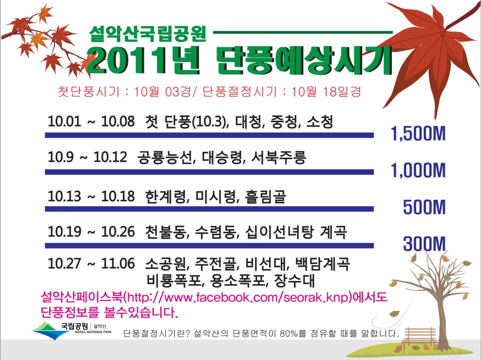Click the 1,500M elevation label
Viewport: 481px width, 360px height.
(x=418, y=134)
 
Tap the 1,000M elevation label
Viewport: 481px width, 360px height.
(x=418, y=170)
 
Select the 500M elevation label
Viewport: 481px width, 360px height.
(x=424, y=207)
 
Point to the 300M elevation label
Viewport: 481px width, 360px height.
(x=424, y=244)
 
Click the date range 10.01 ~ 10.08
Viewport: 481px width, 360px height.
(x=91, y=121)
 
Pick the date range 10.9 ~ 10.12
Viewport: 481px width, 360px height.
(x=87, y=157)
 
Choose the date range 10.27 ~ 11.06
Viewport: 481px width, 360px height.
(x=91, y=263)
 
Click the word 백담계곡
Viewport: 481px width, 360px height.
(x=322, y=264)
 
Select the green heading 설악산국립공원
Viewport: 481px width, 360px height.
(x=148, y=34)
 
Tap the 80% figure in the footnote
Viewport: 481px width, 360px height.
(x=289, y=333)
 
